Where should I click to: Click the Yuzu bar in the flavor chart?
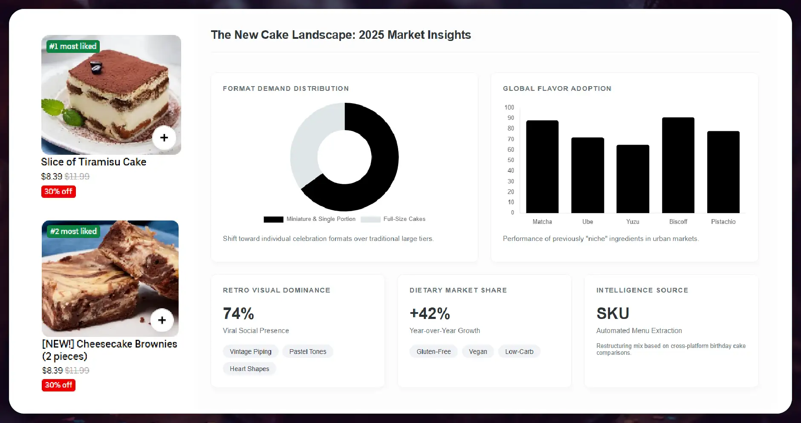click(633, 179)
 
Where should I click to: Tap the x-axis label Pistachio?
click(723, 222)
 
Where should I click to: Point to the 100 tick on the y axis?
click(509, 107)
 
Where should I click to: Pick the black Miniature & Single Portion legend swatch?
click(273, 220)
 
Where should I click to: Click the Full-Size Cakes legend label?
click(404, 219)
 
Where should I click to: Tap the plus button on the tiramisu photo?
click(164, 138)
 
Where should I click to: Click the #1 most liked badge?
click(73, 46)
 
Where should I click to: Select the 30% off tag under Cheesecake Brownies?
click(59, 385)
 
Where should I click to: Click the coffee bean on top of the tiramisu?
click(96, 67)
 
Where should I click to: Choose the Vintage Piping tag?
click(251, 352)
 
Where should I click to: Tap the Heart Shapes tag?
click(249, 369)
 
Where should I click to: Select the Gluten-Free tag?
click(434, 352)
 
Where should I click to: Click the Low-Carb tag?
click(519, 352)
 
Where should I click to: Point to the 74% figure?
click(238, 314)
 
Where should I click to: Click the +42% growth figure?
click(430, 314)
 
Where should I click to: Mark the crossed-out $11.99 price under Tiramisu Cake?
click(77, 177)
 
